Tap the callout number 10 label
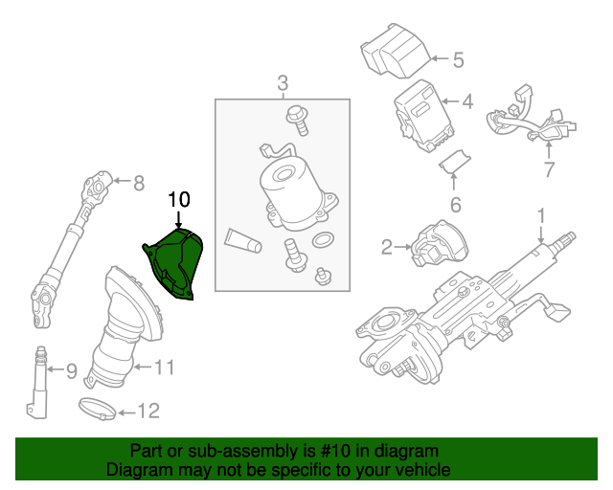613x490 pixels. [x=179, y=200]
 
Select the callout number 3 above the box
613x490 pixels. [x=283, y=82]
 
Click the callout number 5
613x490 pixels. [x=457, y=60]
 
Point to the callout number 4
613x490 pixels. [x=466, y=100]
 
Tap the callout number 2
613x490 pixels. [x=387, y=249]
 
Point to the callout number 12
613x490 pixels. [x=148, y=412]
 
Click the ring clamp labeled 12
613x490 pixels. [x=98, y=409]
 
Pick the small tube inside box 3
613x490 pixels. [x=242, y=241]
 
